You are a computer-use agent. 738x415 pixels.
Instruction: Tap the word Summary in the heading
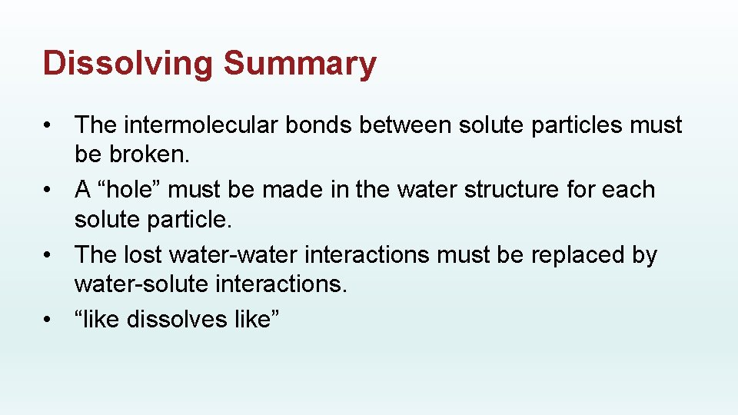300,64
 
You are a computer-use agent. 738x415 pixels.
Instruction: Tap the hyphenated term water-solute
141,284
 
